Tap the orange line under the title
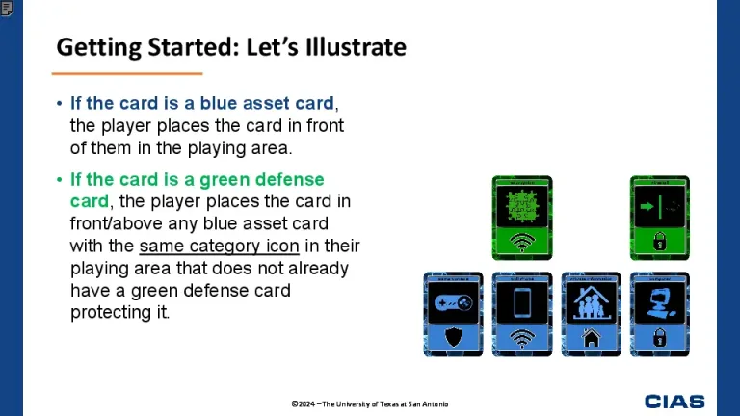click(127, 73)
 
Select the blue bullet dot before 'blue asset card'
click(59, 104)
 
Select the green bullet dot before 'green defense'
click(59, 180)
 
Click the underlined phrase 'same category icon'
click(219, 246)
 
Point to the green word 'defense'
click(291, 180)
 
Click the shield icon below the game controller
click(454, 337)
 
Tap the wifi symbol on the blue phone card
click(522, 338)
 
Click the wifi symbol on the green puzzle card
click(522, 242)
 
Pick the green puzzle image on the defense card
click(522, 207)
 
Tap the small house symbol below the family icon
click(591, 338)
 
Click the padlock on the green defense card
click(660, 241)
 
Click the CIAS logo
click(674, 402)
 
